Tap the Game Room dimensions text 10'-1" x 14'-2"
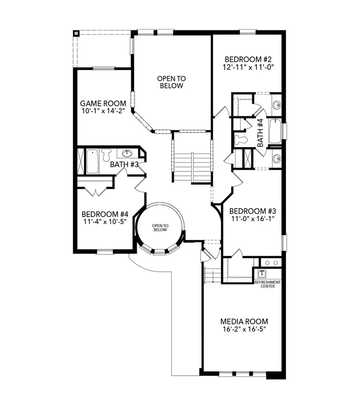[x=103, y=111]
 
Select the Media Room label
[x=244, y=321]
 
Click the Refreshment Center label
[x=268, y=284]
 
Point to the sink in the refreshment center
[x=262, y=275]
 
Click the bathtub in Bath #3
[x=92, y=161]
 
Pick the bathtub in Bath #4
[x=275, y=131]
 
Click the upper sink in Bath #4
[x=276, y=105]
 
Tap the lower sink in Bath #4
[x=276, y=159]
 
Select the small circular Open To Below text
[x=160, y=228]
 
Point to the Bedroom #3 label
[x=250, y=211]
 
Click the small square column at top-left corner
[x=76, y=33]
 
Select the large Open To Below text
[x=171, y=82]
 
